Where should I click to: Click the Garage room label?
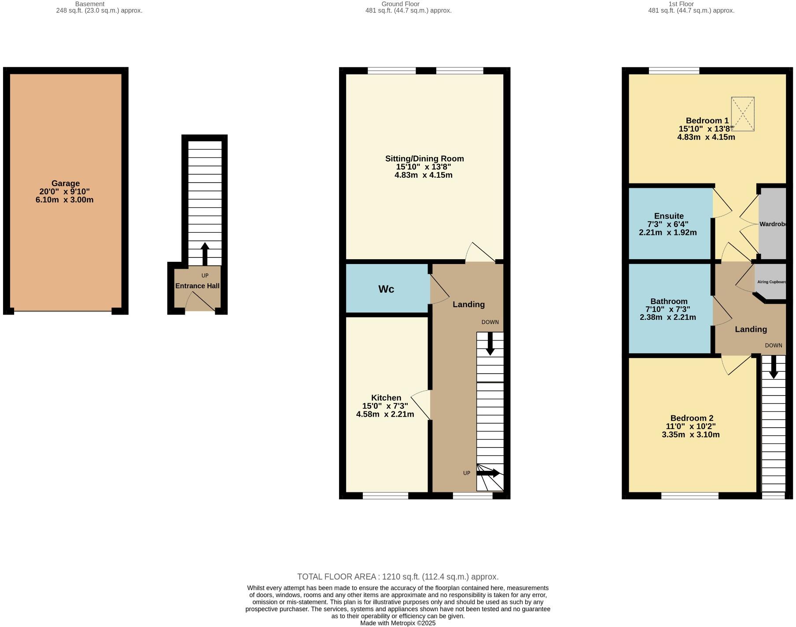pos(65,183)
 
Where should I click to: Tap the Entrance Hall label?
pos(197,286)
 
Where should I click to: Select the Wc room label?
pos(386,289)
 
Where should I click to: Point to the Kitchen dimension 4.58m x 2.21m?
pos(385,414)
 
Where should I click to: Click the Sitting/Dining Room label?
pos(424,159)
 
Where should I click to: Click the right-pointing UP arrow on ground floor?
pos(488,473)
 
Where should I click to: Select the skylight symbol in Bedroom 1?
pos(743,114)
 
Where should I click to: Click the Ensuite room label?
pos(669,216)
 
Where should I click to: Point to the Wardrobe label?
pos(773,224)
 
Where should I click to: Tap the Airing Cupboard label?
pos(771,282)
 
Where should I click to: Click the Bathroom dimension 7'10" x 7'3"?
pos(668,309)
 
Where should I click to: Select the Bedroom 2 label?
pos(692,418)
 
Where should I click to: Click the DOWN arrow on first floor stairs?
pos(774,367)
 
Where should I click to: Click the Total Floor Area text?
pos(398,577)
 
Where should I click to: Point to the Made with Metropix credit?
pos(398,623)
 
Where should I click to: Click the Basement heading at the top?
pos(89,4)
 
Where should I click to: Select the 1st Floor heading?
pos(681,4)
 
